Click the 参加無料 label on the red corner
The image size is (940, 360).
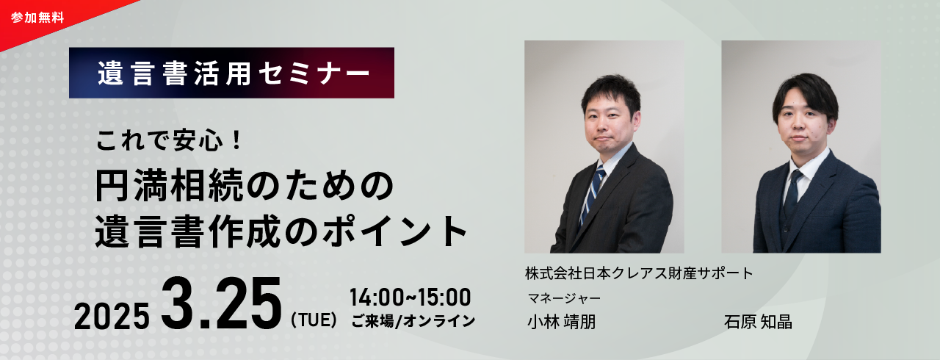[37, 18]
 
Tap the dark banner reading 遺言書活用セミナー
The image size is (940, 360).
[231, 73]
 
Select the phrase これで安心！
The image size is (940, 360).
[169, 140]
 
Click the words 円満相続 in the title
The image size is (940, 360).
[170, 185]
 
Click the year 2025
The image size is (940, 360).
[112, 316]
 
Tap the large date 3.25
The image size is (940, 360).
[222, 303]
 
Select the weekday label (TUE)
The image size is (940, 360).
[314, 320]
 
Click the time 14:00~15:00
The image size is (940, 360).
[411, 297]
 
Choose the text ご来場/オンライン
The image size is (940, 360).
[413, 321]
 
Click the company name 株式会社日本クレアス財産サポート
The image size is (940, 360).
[639, 273]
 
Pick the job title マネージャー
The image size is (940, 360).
[565, 298]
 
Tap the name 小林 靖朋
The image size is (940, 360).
[562, 322]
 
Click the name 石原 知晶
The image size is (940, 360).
[758, 322]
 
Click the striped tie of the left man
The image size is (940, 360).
[592, 196]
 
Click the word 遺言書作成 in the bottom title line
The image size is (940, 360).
[188, 231]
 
